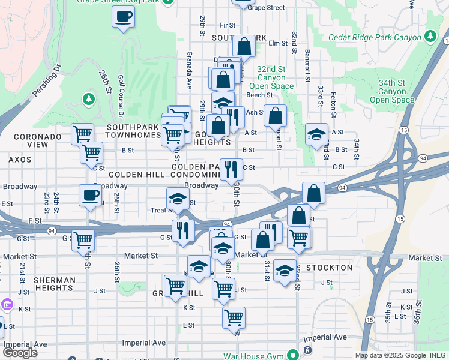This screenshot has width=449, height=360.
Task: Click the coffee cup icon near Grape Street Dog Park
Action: pyautogui.click(x=123, y=17)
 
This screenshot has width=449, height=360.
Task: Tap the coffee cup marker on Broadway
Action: pyautogui.click(x=91, y=196)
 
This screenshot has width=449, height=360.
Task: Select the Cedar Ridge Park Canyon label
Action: pyautogui.click(x=375, y=37)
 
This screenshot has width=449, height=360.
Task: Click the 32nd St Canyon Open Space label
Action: pyautogui.click(x=275, y=77)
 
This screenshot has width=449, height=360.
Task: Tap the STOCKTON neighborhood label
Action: pyautogui.click(x=330, y=268)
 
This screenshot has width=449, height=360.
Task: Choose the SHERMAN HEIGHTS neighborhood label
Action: pyautogui.click(x=55, y=285)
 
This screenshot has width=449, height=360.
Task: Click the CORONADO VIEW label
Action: pyautogui.click(x=38, y=141)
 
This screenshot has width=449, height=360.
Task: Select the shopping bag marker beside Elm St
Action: pyautogui.click(x=244, y=46)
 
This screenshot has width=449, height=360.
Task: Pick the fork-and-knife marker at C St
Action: pyautogui.click(x=231, y=170)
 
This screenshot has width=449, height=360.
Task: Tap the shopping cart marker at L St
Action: pyautogui.click(x=234, y=317)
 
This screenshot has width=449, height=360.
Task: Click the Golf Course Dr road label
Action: pyautogui.click(x=121, y=96)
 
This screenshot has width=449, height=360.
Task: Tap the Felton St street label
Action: pyautogui.click(x=333, y=97)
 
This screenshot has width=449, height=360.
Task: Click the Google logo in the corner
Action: pyautogui.click(x=20, y=353)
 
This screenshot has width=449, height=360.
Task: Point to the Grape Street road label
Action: pyautogui.click(x=266, y=8)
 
